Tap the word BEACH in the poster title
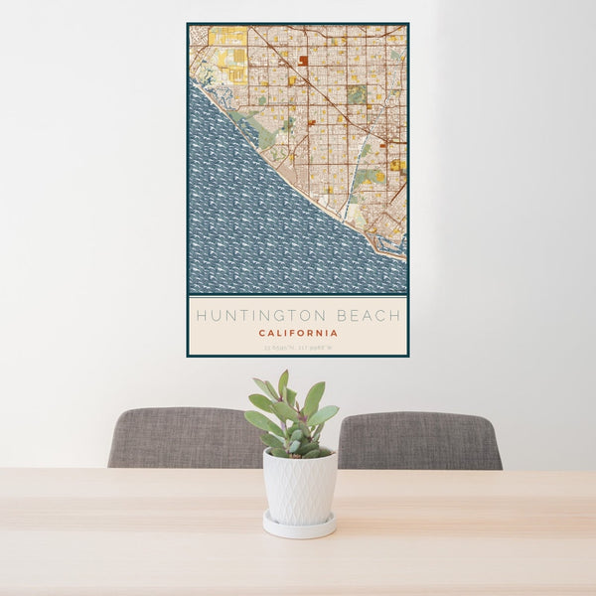pos(368,317)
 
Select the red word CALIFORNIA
pos(297,334)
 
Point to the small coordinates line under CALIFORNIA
pos(297,347)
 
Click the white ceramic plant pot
pos(299,488)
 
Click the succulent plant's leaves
pos(293,417)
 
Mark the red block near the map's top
pos(303,61)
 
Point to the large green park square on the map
pos(356,94)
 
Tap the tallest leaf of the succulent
pos(283,383)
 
